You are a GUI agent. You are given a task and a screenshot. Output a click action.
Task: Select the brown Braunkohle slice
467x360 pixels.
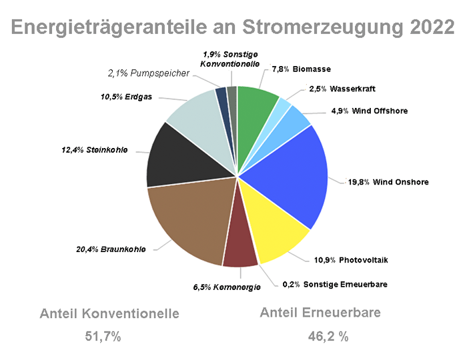[x=190, y=220]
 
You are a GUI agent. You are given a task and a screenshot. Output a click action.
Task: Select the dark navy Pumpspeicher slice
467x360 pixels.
[x=221, y=97]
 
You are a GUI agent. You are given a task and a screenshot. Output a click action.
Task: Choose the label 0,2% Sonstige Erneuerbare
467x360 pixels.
[x=335, y=284]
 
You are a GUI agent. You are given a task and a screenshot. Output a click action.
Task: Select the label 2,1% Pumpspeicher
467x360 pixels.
[x=149, y=73]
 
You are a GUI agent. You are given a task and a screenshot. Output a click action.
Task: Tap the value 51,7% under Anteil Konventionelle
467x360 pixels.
[x=103, y=337]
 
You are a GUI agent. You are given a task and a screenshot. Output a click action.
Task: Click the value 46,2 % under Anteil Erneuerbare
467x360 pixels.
[x=328, y=337]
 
